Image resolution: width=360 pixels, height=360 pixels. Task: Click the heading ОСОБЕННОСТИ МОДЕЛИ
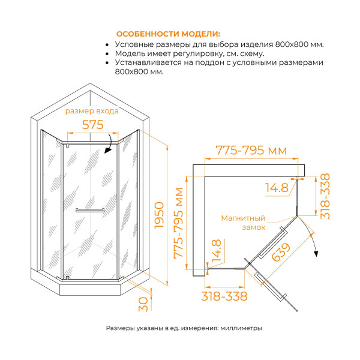coord(168,34)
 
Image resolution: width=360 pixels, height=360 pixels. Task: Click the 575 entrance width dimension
coord(93,125)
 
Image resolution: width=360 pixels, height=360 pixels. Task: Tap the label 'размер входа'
coord(92,111)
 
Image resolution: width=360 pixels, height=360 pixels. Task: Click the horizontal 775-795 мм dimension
coord(253,149)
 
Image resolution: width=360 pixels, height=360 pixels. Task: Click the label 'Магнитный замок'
coord(243,223)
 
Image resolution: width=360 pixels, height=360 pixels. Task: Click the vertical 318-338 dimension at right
coord(325,197)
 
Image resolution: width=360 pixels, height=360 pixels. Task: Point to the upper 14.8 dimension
coord(276,188)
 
